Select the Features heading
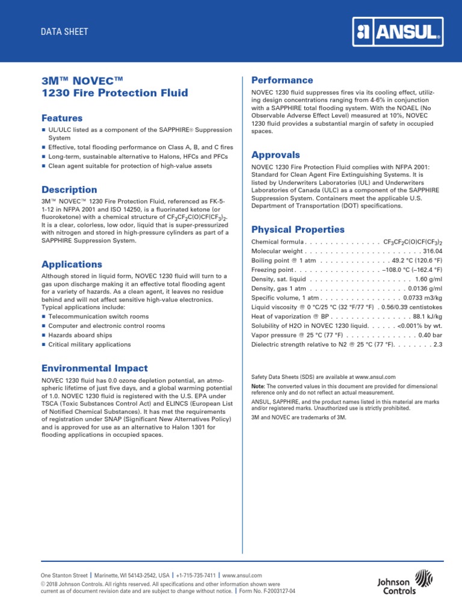point(62,118)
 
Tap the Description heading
point(69,189)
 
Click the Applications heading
point(72,264)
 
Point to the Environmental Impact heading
point(94,368)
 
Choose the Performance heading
point(282,80)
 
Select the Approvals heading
point(276,155)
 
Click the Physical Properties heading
point(298,229)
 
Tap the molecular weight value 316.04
point(433,251)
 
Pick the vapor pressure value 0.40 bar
point(430,335)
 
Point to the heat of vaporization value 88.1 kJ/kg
point(428,316)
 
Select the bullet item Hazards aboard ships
point(80,335)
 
